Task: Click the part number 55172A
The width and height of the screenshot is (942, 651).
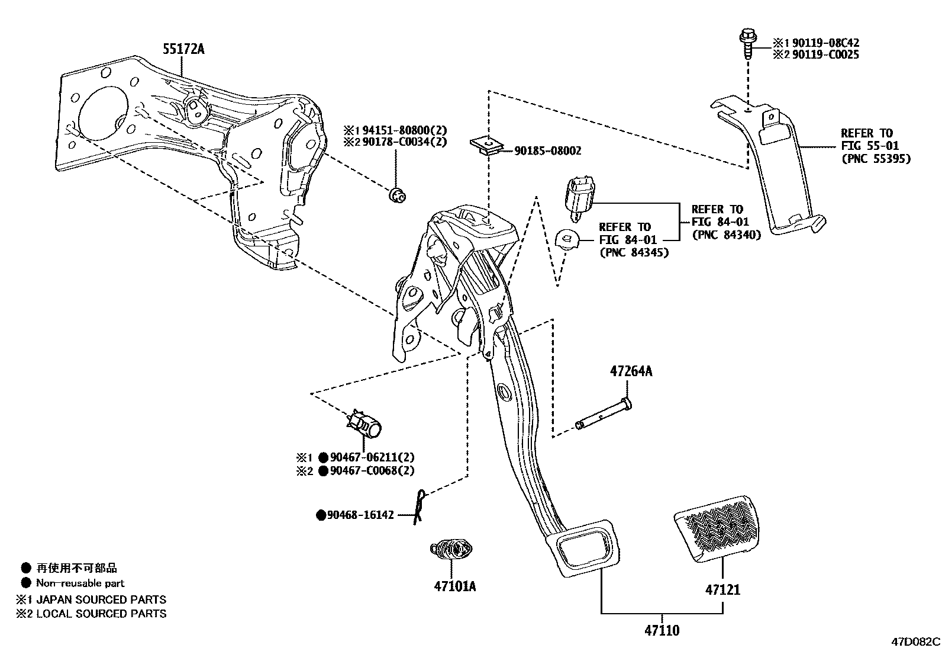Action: (183, 49)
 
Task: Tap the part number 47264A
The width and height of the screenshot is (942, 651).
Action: (631, 371)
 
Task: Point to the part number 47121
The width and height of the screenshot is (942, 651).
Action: (722, 589)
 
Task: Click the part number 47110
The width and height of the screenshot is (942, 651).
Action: (662, 630)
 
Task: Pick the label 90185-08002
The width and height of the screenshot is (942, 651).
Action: (547, 151)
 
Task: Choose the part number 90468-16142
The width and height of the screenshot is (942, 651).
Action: (360, 515)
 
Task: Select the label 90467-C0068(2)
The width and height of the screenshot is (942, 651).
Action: (372, 471)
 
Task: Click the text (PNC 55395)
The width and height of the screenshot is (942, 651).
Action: (875, 158)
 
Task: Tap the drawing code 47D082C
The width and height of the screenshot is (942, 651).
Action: (916, 642)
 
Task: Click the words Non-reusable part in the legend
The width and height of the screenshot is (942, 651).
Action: (80, 583)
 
